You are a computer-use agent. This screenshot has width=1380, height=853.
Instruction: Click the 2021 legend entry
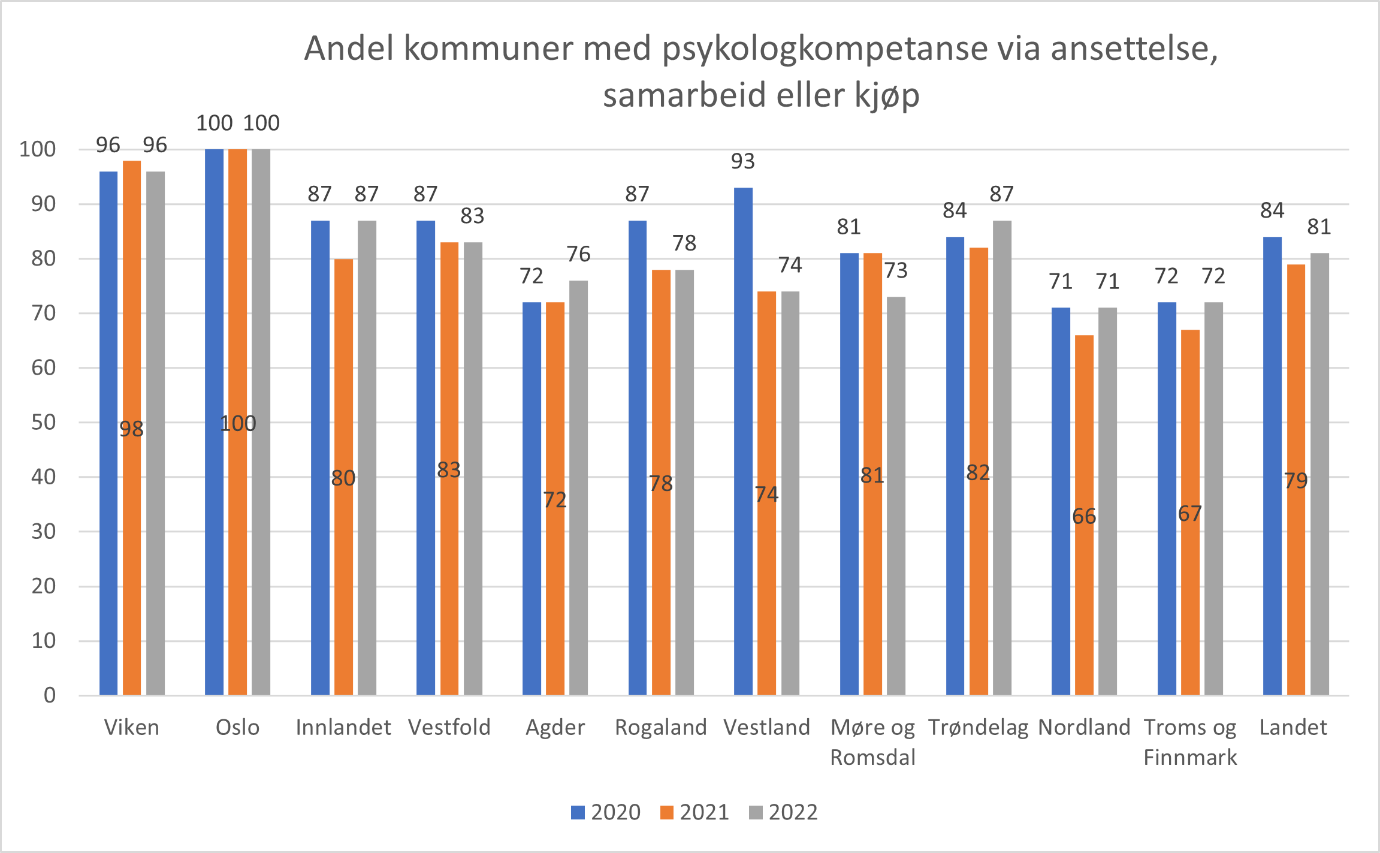tap(695, 812)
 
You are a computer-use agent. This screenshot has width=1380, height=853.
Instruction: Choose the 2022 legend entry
tap(784, 812)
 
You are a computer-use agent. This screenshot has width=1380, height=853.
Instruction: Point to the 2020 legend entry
tap(606, 812)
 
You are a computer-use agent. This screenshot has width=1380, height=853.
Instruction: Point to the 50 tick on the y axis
tap(43, 422)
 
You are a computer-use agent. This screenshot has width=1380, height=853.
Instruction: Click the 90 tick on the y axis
tap(43, 204)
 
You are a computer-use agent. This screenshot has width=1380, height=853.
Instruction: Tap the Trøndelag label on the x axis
tap(978, 727)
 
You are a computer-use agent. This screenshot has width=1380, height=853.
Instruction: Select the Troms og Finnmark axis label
tap(1190, 742)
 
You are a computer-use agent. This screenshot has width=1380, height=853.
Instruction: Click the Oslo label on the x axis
tap(237, 727)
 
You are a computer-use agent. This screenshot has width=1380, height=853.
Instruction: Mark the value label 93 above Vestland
tap(743, 161)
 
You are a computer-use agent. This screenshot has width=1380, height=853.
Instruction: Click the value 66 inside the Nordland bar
tap(1084, 516)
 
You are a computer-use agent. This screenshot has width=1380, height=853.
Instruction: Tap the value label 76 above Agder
tap(578, 254)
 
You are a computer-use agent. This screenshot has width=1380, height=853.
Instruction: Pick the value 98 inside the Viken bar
tap(131, 429)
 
